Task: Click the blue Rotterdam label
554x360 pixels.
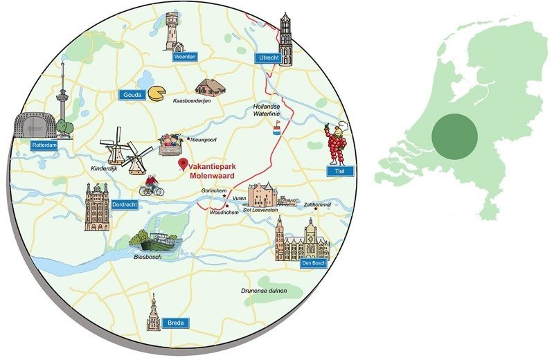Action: (x=43, y=145)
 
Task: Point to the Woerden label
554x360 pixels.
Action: (x=182, y=56)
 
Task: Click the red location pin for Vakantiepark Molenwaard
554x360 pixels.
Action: (x=183, y=165)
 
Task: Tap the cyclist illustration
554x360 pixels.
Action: (x=150, y=184)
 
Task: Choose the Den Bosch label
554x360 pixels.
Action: (x=312, y=264)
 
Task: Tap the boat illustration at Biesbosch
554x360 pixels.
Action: (x=155, y=240)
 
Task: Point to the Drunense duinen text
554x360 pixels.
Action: (x=264, y=291)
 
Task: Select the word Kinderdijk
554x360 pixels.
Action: (x=105, y=168)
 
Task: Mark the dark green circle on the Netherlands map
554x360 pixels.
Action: (x=454, y=136)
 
